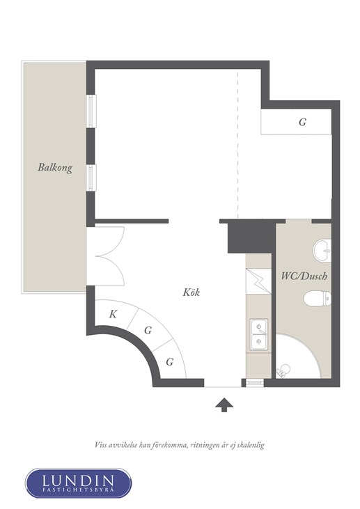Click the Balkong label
click(x=55, y=168)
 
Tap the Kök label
click(x=191, y=292)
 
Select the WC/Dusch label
click(x=304, y=276)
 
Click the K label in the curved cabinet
click(x=113, y=314)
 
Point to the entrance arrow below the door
click(x=224, y=405)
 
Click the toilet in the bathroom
click(x=318, y=298)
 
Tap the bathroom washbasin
click(x=322, y=250)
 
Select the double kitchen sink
click(x=259, y=335)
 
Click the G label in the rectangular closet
click(x=302, y=122)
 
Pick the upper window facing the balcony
click(x=91, y=111)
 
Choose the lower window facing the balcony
click(x=91, y=178)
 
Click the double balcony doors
click(x=105, y=256)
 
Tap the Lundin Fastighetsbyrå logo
click(x=79, y=483)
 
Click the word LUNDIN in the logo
click(x=78, y=480)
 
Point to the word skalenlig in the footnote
click(x=251, y=445)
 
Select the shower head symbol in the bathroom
click(x=283, y=370)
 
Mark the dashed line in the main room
click(x=237, y=145)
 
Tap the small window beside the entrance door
click(x=255, y=383)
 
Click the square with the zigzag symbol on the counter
click(x=258, y=281)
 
